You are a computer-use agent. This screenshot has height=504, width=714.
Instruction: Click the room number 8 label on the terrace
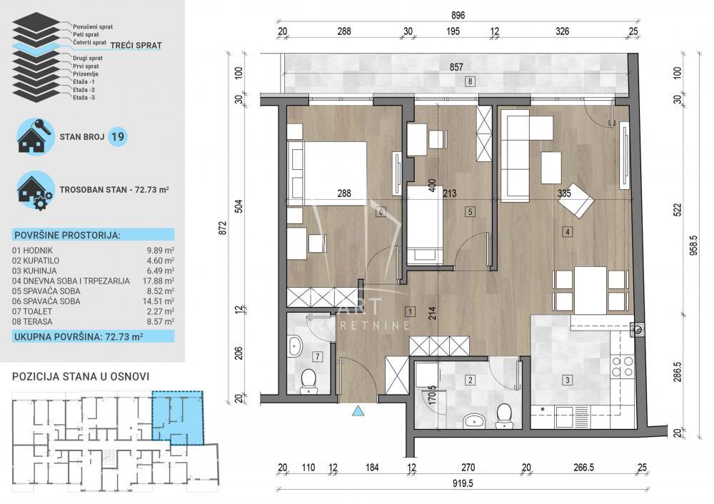tap(470, 82)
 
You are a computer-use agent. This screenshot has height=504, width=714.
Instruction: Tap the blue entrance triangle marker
tap(359, 410)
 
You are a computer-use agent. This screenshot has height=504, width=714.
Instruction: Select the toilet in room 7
tap(309, 380)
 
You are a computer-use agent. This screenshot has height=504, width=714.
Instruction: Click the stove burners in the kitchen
tap(623, 366)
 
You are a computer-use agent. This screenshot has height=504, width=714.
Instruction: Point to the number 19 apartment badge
tap(118, 136)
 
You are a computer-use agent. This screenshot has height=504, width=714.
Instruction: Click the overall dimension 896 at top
tap(458, 16)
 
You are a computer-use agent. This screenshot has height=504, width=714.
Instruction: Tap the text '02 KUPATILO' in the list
tap(36, 261)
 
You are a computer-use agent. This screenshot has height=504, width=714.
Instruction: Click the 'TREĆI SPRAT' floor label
tap(136, 46)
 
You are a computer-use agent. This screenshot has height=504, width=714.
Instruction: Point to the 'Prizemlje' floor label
tap(86, 74)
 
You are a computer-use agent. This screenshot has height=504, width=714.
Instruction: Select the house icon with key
tap(34, 135)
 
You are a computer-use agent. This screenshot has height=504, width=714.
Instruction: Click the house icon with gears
tap(35, 191)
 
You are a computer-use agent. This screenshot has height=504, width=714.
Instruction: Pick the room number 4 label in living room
tap(568, 232)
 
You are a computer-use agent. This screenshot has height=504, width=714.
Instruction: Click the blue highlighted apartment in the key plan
tap(178, 418)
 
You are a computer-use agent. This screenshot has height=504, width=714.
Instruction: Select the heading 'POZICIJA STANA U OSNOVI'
tap(81, 376)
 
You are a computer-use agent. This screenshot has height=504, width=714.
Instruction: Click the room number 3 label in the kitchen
tap(567, 380)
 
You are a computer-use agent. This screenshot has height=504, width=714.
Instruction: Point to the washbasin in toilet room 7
tap(296, 346)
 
